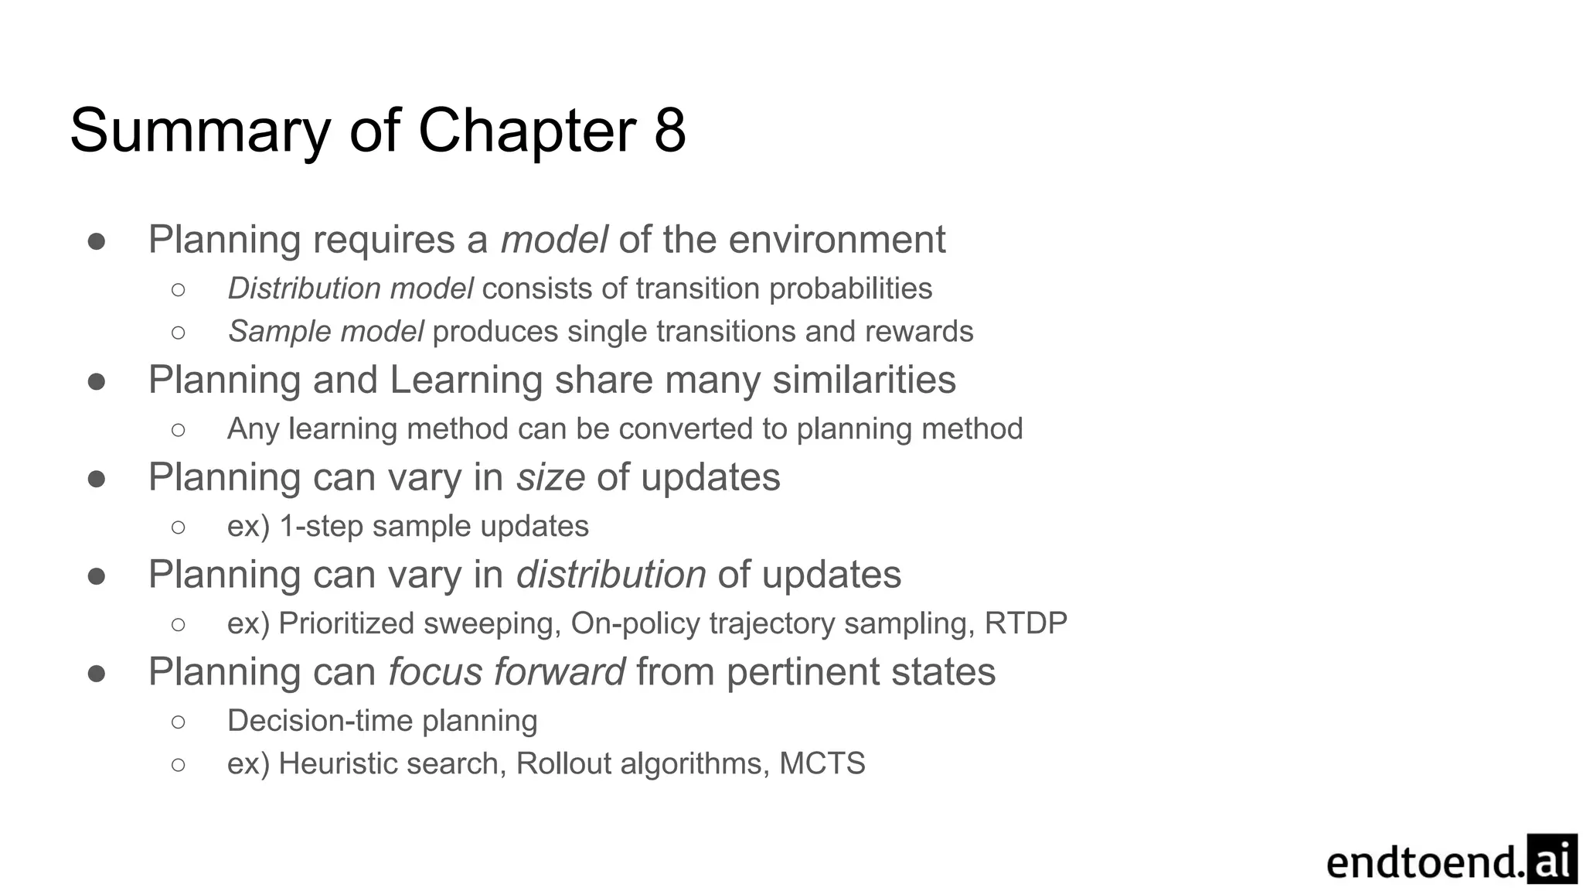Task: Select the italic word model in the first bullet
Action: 553,239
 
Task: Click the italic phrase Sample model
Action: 325,331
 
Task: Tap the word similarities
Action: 864,380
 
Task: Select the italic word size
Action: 550,477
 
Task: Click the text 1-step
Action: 322,526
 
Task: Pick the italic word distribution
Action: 611,575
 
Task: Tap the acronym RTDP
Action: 1026,623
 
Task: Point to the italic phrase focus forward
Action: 506,671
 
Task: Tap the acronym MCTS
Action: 822,763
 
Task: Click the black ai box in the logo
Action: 1551,859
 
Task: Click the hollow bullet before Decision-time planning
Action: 179,722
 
